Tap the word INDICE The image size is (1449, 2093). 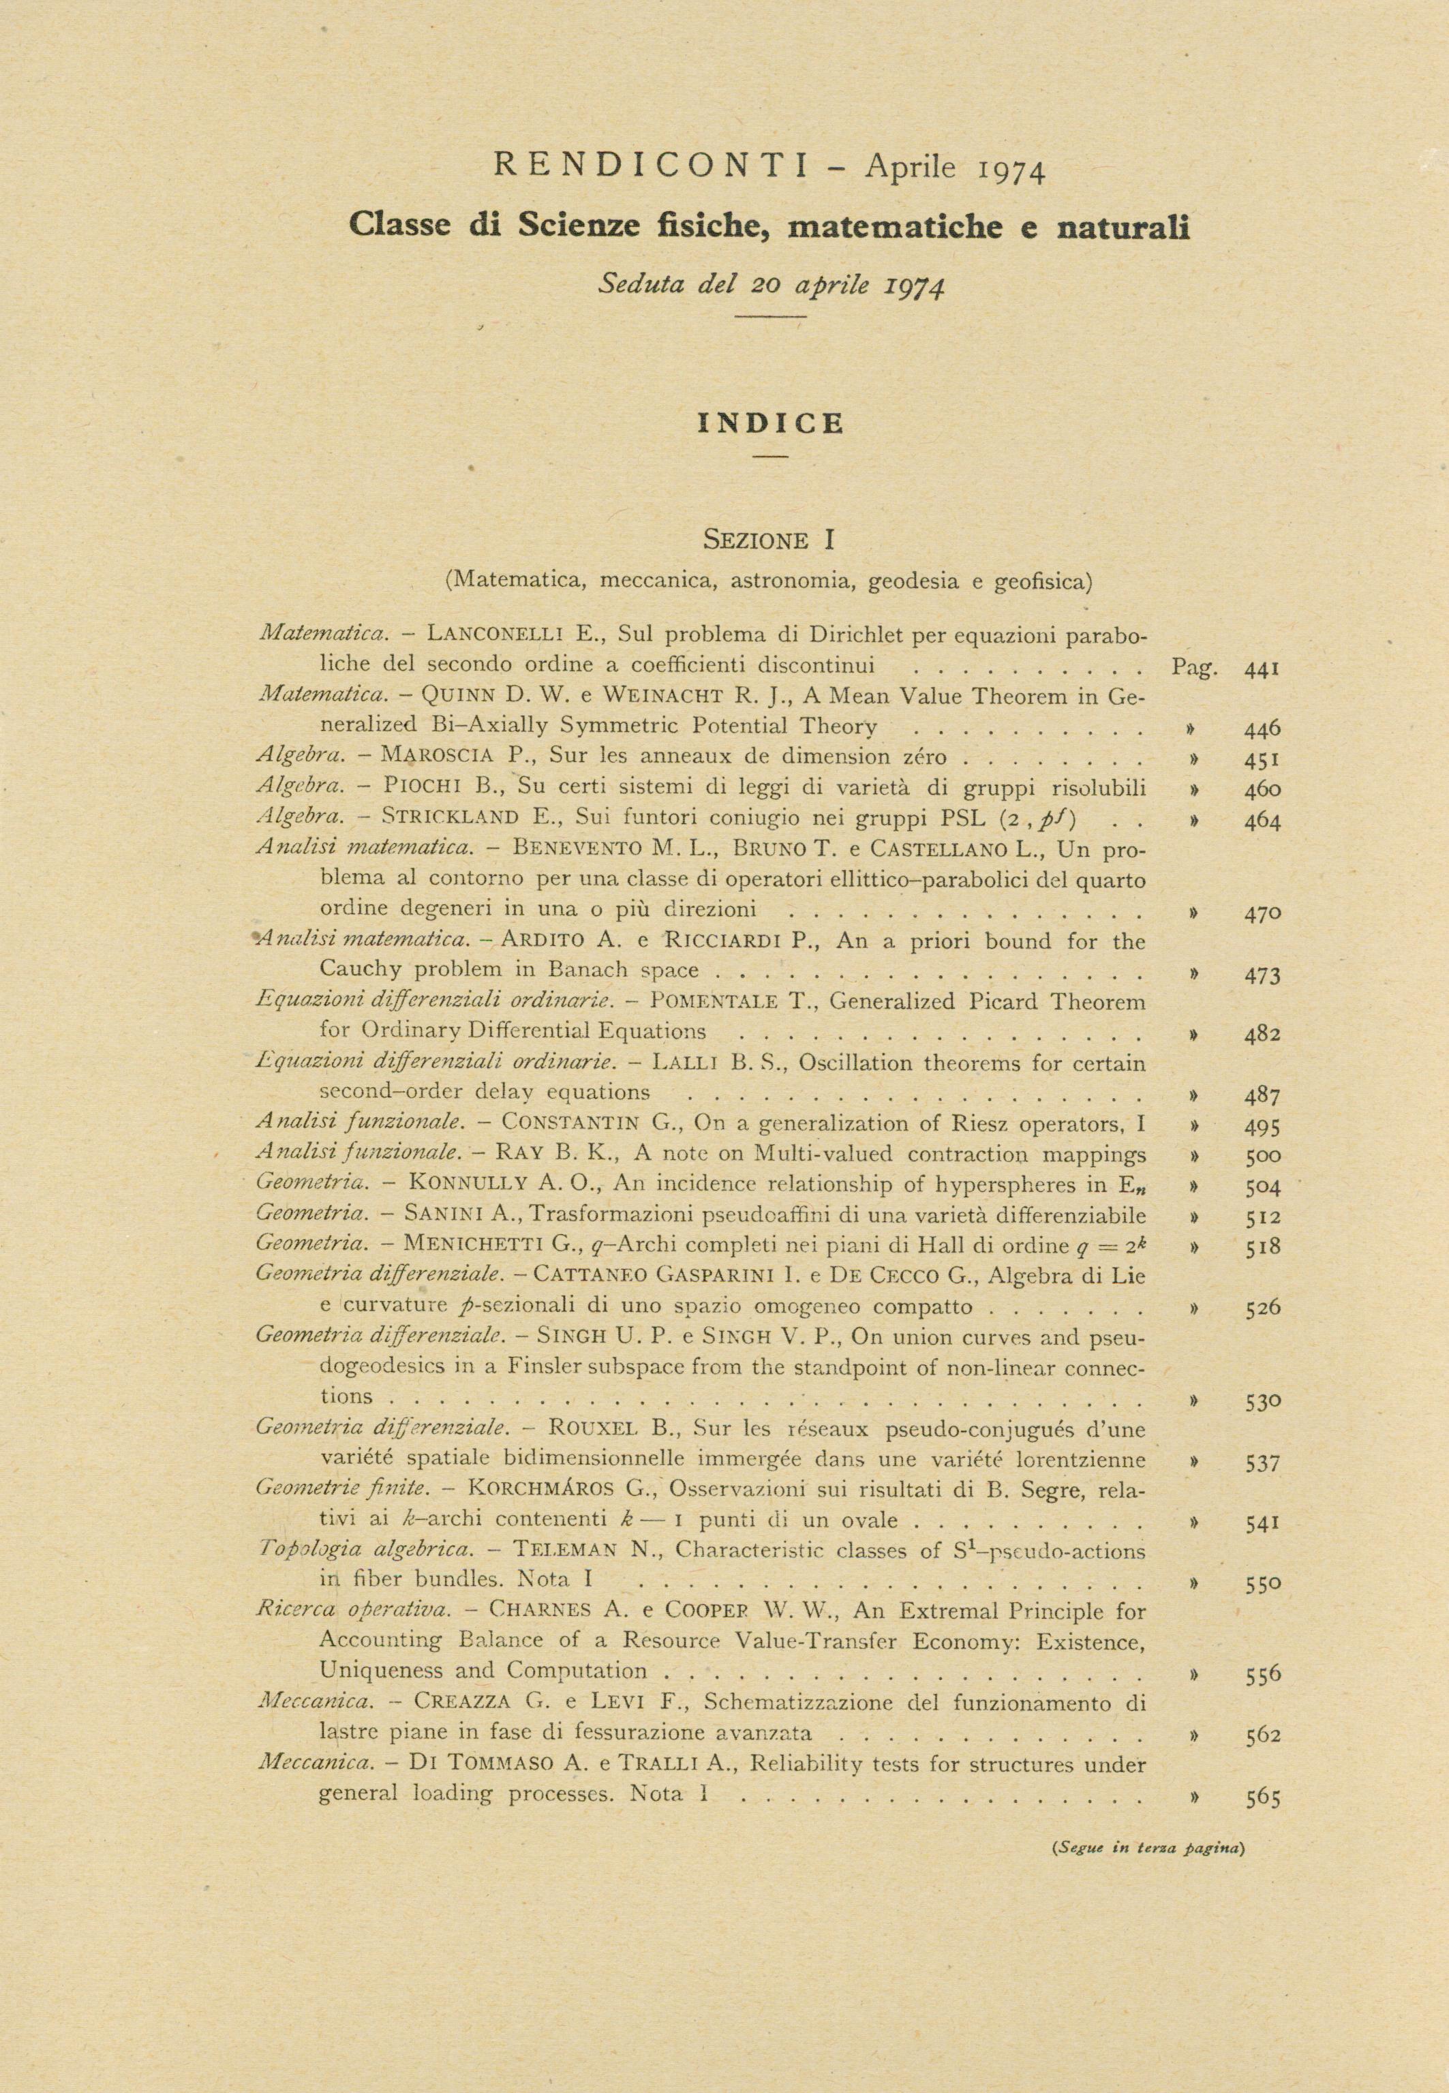770,424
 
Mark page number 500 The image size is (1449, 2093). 1263,1157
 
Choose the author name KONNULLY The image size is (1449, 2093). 465,1185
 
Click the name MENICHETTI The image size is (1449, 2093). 473,1247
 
